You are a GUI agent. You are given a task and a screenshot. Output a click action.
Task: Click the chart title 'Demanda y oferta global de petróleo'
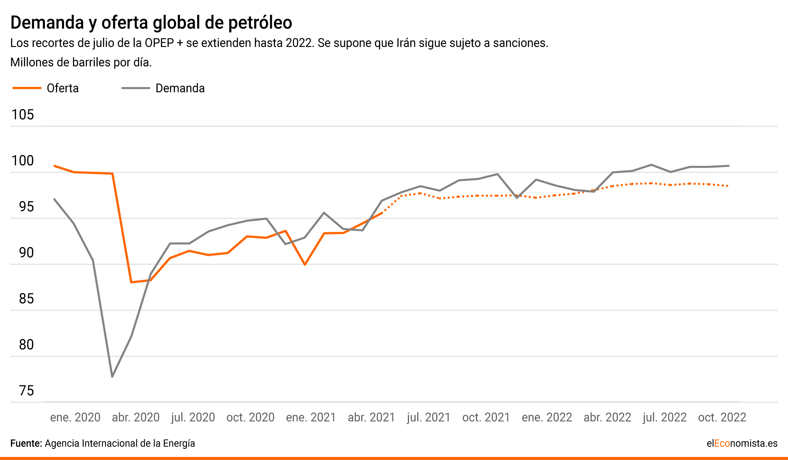point(151,23)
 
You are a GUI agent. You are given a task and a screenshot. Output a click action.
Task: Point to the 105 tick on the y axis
point(23,115)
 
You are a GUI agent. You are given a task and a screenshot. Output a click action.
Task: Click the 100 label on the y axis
point(23,161)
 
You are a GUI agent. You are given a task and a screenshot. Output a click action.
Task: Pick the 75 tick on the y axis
point(26,391)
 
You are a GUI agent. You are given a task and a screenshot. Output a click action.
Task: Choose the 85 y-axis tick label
point(26,299)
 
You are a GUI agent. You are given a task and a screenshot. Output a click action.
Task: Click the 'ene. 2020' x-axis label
point(75,417)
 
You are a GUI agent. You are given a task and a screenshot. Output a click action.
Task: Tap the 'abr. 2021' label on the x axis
point(371,417)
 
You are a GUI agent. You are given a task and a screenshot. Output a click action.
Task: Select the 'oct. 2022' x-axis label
point(722,417)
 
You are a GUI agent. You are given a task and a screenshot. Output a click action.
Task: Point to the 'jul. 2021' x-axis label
point(428,417)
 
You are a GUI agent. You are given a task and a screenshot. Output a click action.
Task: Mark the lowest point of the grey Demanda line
point(112,377)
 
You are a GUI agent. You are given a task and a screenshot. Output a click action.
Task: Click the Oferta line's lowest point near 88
point(131,282)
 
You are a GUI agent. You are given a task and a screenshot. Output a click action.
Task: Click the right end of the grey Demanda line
point(729,166)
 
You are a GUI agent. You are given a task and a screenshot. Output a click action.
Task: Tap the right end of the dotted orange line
point(728,186)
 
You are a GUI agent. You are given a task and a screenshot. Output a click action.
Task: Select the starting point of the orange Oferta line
point(55,166)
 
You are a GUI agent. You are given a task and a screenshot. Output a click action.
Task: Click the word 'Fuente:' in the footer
point(26,443)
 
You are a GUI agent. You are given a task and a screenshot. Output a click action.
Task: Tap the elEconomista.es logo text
point(742,443)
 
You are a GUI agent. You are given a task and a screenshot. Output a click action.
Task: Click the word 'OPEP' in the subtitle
point(159,43)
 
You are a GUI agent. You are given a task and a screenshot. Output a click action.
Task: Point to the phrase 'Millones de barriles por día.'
point(81,63)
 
